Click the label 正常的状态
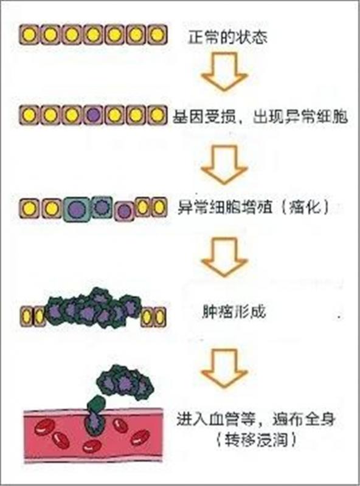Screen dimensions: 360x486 (227, 37)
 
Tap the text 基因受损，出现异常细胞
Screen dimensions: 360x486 (260, 117)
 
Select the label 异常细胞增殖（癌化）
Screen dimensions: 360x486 (253, 207)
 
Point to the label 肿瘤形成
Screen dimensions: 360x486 (234, 312)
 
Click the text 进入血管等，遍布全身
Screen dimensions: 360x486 (257, 419)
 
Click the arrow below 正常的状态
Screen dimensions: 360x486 (224, 72)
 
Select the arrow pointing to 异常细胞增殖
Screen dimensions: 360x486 (224, 165)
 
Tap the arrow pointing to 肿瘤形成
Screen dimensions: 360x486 (224, 257)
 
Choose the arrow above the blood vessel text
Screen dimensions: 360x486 (224, 368)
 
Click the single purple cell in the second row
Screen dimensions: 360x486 (94, 115)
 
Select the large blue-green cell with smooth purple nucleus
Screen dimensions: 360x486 (77, 209)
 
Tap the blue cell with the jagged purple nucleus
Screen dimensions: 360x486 (101, 207)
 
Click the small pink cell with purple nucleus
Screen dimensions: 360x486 (125, 211)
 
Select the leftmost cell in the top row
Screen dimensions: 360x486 (29, 35)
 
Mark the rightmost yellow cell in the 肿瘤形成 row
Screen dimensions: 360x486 (159, 317)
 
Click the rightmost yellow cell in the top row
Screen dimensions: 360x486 (157, 35)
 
